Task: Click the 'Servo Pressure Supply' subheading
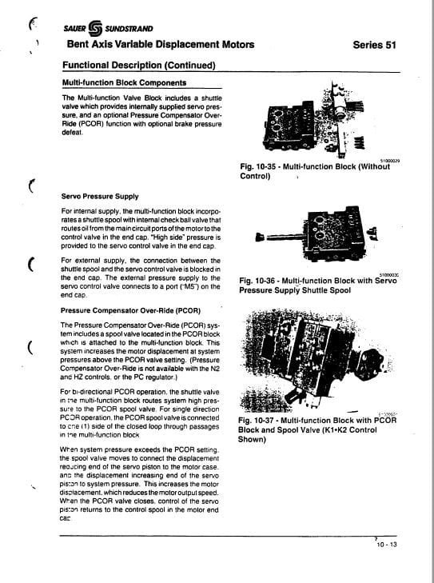(x=99, y=196)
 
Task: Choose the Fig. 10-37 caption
(x=319, y=429)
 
